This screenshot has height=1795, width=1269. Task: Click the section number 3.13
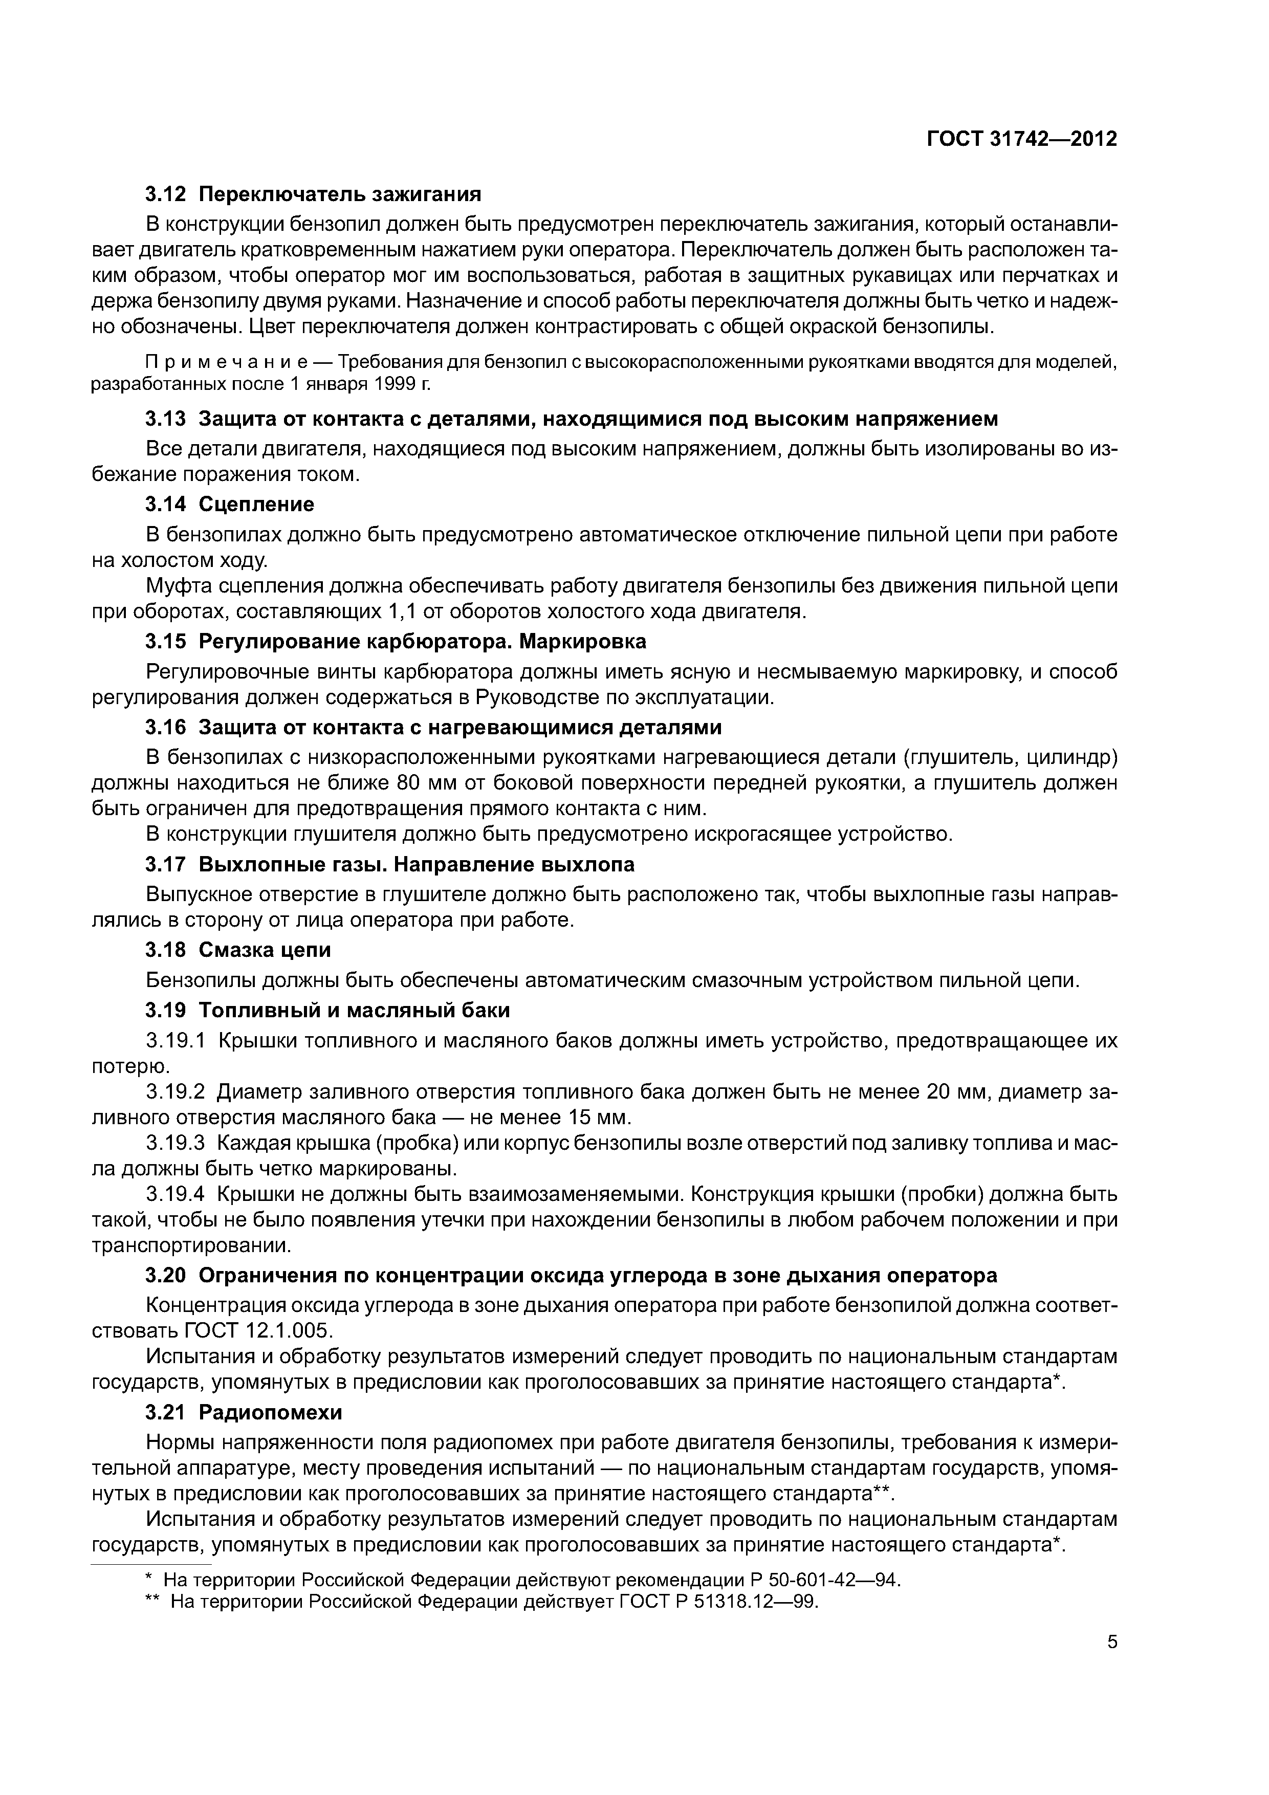[166, 419]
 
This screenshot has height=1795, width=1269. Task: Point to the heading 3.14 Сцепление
[230, 504]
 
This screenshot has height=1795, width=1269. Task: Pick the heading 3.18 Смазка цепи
[238, 950]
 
